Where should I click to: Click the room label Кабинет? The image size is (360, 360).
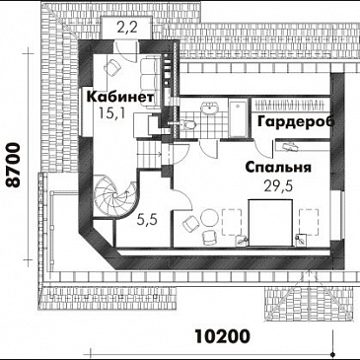[118, 99]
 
